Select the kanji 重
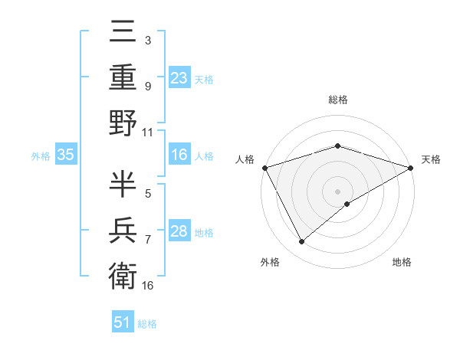(123, 80)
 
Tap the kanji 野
(123, 123)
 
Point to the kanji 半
(123, 185)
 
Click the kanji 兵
(123, 230)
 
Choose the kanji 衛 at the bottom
(123, 275)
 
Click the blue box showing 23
(179, 77)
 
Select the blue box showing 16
(179, 155)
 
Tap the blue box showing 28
(179, 231)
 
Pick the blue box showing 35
(65, 155)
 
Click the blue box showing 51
(123, 322)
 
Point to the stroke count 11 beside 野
(148, 132)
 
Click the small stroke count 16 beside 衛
(148, 285)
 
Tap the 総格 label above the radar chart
(337, 100)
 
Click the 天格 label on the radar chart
(431, 159)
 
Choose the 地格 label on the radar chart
(402, 262)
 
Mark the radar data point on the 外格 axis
(302, 242)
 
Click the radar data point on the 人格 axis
(264, 168)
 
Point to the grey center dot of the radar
(337, 191)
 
